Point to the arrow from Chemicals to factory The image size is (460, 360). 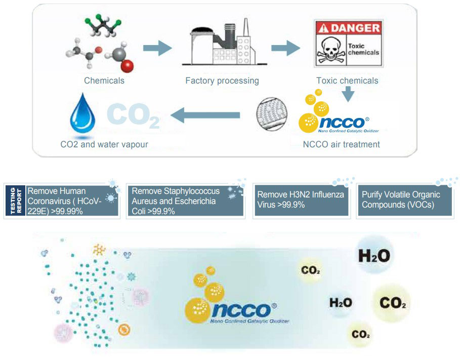(x=156, y=48)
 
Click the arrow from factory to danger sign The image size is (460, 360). (x=285, y=48)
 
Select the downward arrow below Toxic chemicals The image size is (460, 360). (x=347, y=94)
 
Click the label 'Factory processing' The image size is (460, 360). (x=222, y=81)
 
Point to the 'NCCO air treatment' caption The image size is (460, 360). (x=341, y=144)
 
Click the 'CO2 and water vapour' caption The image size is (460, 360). (x=104, y=144)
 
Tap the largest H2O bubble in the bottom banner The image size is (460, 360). (x=374, y=256)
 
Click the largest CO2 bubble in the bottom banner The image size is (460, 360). (x=392, y=303)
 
